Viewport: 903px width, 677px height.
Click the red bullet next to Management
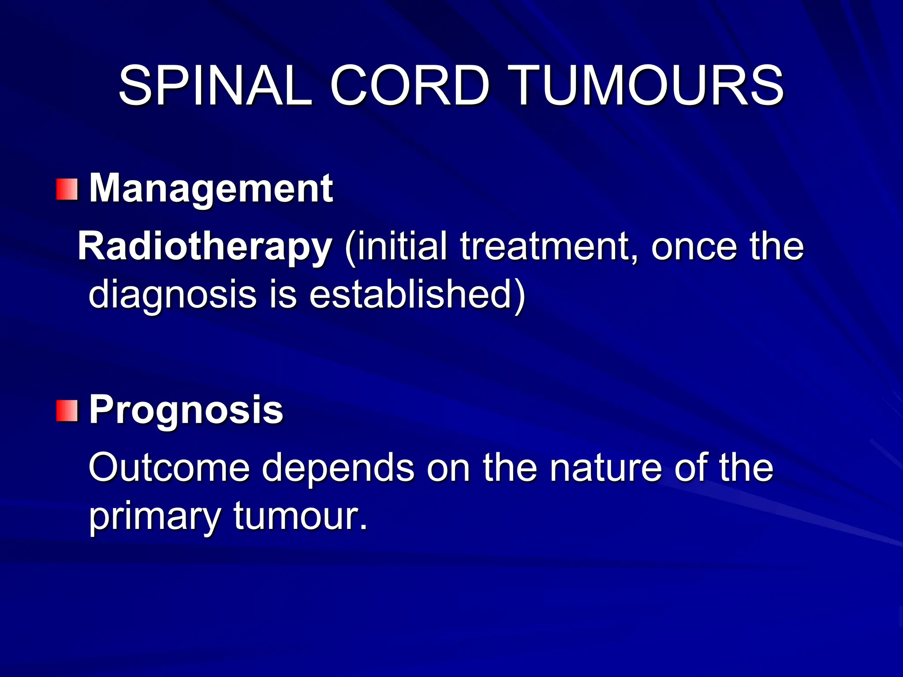click(67, 190)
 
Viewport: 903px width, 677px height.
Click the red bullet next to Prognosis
click(67, 411)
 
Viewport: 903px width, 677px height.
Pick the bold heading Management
click(211, 189)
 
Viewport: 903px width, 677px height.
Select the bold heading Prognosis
click(186, 410)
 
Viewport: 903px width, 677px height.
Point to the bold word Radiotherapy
click(205, 247)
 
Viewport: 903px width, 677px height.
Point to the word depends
click(338, 468)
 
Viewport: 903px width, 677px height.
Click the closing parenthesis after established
click(520, 294)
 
